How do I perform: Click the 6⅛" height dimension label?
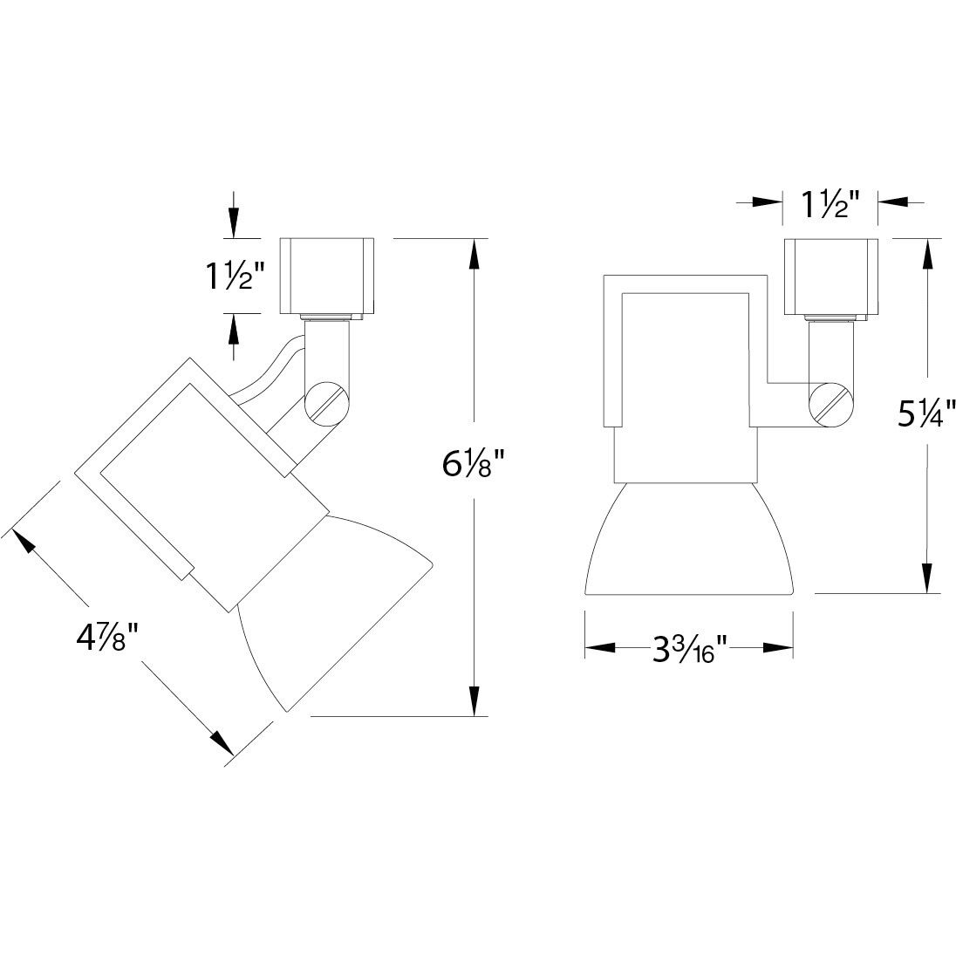474,464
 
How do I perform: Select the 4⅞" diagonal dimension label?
108,637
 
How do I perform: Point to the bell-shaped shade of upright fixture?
688,541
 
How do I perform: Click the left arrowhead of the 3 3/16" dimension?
599,648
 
